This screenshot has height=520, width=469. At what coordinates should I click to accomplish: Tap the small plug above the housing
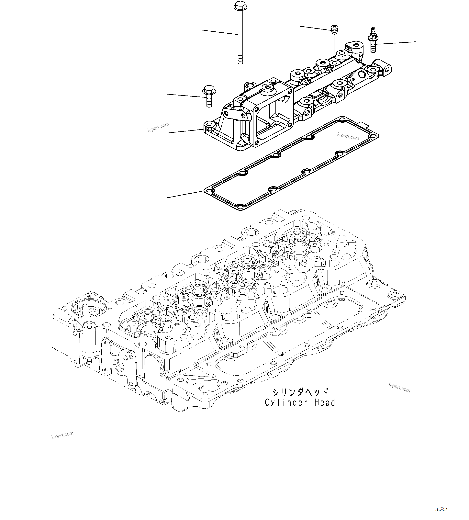point(334,30)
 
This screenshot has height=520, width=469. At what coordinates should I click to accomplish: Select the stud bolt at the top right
point(373,41)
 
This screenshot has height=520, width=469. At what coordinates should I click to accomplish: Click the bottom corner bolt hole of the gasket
point(240,207)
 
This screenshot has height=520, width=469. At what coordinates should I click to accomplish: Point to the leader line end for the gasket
point(168,197)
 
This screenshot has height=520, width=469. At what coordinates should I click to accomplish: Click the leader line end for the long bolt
point(202,30)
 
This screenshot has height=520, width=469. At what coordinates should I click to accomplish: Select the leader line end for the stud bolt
point(416,41)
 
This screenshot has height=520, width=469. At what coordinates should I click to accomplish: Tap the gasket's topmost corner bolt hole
point(342,119)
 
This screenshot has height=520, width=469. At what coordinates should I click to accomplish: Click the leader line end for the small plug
point(300,26)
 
